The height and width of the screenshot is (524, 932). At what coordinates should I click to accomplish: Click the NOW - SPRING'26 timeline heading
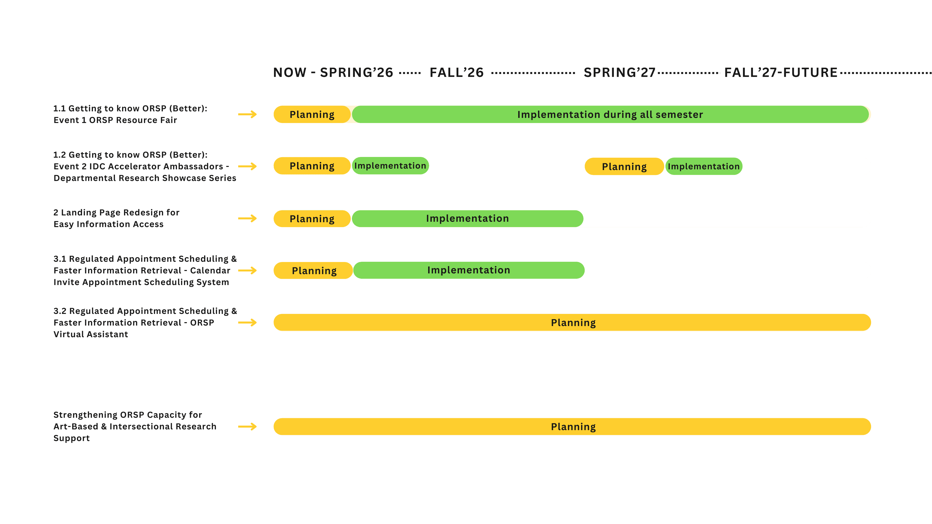point(333,73)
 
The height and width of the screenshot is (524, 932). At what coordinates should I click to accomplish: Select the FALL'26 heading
point(457,73)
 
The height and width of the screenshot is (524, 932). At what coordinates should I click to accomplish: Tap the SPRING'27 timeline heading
point(619,73)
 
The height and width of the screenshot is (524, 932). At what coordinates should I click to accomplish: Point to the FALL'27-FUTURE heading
point(781,73)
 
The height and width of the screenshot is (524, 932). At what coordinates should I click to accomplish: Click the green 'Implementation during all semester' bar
point(610,114)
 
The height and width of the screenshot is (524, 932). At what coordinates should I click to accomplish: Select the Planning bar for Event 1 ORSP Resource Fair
point(312,114)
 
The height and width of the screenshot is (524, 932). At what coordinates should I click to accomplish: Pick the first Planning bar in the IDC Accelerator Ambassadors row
point(312,166)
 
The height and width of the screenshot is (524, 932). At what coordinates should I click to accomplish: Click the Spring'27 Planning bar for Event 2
point(624,166)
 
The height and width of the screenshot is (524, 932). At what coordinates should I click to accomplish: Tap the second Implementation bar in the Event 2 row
point(704,166)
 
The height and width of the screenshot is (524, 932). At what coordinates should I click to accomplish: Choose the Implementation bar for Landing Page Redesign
point(467,218)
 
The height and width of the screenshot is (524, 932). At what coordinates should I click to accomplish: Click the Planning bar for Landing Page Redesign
point(312,218)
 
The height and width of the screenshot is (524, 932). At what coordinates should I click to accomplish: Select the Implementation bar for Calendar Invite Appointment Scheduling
point(469,270)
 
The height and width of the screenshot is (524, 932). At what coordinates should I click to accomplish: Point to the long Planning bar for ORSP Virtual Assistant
point(572,322)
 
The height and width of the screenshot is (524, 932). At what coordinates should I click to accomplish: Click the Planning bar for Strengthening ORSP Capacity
point(572,426)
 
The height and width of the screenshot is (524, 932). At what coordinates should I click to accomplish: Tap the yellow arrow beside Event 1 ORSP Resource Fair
point(248,114)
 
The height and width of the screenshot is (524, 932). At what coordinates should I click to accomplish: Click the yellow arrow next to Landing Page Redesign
point(248,218)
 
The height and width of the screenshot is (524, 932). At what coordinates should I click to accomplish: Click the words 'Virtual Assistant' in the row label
point(91,334)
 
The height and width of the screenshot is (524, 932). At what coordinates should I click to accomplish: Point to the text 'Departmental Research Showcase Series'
point(145,178)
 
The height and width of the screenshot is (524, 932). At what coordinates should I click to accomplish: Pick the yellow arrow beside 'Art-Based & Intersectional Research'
point(248,427)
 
